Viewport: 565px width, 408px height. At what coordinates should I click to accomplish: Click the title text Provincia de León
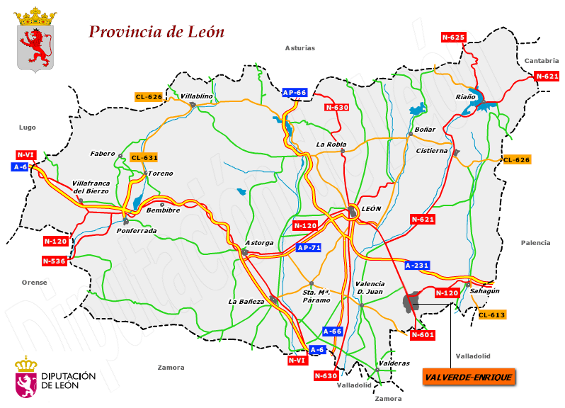point(156,32)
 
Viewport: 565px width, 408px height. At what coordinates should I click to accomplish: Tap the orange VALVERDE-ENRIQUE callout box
point(469,377)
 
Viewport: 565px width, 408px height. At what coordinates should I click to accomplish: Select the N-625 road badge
point(453,37)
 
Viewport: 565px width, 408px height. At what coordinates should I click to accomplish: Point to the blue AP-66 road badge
point(294,93)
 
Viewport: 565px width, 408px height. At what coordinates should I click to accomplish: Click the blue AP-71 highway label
point(309,248)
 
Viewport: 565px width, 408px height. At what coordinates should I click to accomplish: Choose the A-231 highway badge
point(417,265)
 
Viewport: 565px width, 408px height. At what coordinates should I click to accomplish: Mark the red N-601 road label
point(421,334)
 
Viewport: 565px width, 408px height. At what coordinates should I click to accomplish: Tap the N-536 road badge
point(55,261)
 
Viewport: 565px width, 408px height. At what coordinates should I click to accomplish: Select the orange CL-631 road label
point(144,157)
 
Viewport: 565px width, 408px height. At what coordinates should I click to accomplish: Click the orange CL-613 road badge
point(492,314)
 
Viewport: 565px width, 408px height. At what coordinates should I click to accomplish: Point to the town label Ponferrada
point(137,230)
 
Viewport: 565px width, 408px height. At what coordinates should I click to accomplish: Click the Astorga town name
point(259,243)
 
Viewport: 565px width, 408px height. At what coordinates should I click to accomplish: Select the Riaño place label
point(465,97)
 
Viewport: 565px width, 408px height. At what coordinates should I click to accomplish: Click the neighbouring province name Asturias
point(299,48)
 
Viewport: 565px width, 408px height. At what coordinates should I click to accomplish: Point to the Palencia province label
point(535,242)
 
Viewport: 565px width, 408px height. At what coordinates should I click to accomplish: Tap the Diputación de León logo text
point(68,380)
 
